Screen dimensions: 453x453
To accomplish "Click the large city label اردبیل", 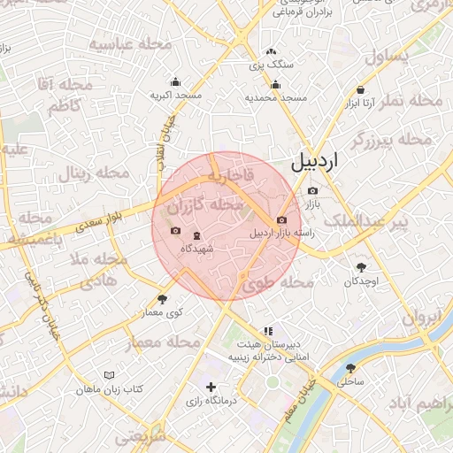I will (313, 163).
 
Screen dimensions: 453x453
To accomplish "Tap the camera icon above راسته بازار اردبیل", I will (281, 219).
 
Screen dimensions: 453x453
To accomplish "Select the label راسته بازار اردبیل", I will (282, 234).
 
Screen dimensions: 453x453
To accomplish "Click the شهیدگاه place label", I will (196, 249).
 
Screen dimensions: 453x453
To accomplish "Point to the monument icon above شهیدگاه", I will (196, 235).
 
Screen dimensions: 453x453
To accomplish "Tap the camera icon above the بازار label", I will (311, 191).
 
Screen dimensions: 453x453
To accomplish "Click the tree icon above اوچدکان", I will (361, 267).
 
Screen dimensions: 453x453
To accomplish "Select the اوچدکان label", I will (361, 280).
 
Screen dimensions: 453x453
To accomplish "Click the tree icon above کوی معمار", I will (162, 299).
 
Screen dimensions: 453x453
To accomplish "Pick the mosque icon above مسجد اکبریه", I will (175, 81).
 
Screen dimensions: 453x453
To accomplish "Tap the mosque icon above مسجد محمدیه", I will (276, 85).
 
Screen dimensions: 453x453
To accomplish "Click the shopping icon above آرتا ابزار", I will (361, 90).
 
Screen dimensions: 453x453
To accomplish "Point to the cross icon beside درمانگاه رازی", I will (211, 387).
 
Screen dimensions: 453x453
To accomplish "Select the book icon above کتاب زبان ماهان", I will (109, 375).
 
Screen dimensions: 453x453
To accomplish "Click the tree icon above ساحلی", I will (350, 368).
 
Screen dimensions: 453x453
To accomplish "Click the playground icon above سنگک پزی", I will (271, 51).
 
